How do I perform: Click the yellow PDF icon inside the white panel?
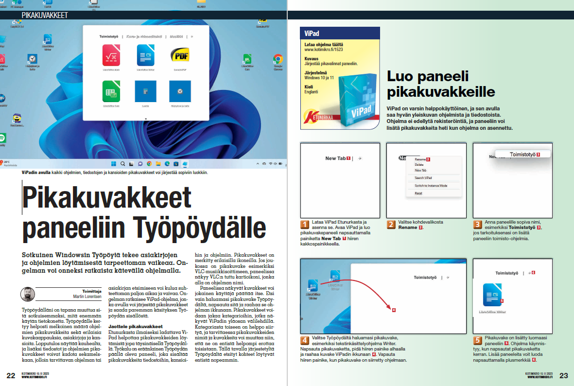(177, 55)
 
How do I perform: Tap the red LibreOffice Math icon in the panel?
(111, 55)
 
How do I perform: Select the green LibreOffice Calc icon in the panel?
(111, 91)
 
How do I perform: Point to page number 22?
(11, 375)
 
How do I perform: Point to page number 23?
(564, 375)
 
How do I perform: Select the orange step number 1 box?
(305, 225)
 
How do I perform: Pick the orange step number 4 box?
(305, 340)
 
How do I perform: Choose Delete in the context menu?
(419, 165)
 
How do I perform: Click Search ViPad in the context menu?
(423, 178)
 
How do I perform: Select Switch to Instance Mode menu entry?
(431, 186)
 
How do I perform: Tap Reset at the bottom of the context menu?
(418, 193)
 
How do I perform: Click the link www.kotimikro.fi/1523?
(324, 50)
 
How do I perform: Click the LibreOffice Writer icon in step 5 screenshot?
(492, 295)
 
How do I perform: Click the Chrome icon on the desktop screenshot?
(278, 59)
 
